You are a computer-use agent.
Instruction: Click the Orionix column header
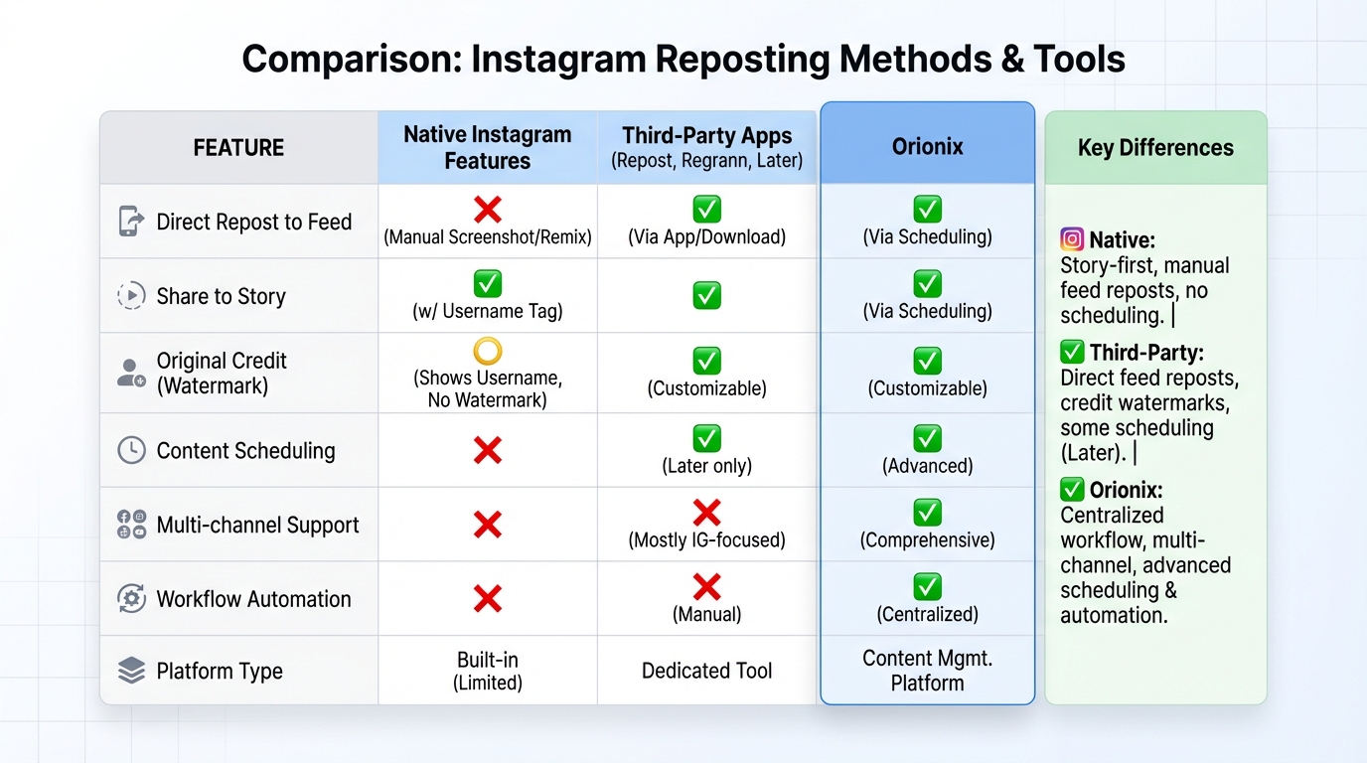(x=927, y=147)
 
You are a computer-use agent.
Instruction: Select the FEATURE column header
(x=238, y=148)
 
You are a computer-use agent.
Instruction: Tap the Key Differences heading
(x=1155, y=148)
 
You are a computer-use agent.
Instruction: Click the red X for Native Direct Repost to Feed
(x=487, y=210)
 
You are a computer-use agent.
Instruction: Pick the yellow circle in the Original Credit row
(x=487, y=351)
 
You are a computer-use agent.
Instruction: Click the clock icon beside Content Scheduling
(x=131, y=450)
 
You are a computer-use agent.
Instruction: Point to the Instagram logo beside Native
(x=1072, y=239)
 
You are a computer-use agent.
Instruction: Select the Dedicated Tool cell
(x=706, y=671)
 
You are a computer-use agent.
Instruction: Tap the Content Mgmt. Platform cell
(x=927, y=671)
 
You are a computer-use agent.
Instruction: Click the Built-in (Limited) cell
(x=487, y=671)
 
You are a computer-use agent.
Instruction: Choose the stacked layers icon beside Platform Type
(x=131, y=671)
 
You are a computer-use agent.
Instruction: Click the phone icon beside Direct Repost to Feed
(x=130, y=221)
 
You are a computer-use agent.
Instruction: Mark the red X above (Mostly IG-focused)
(x=706, y=513)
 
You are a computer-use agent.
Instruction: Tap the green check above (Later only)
(x=706, y=438)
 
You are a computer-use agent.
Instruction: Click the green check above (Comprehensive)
(x=927, y=513)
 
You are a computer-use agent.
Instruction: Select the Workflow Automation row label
(x=253, y=599)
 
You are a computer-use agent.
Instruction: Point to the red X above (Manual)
(x=706, y=587)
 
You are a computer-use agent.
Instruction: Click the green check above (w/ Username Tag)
(x=487, y=284)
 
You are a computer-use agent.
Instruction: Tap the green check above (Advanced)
(x=927, y=438)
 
